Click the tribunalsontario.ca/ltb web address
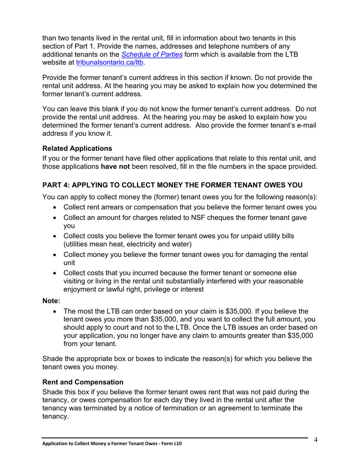pos(110,63)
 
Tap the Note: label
pos(51,302)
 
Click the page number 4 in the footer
pos(315,440)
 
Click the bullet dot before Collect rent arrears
pos(56,208)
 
